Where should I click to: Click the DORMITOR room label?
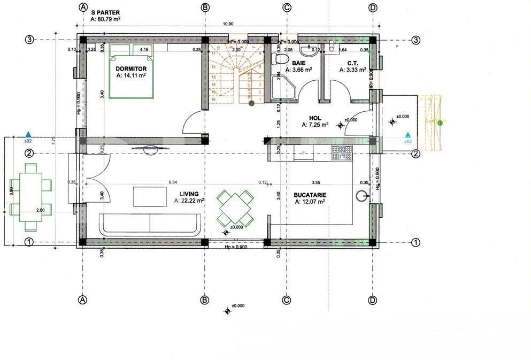point(131,68)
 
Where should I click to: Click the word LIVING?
point(189,194)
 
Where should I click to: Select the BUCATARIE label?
point(310,195)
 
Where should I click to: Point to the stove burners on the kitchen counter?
point(342,153)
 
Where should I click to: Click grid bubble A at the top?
point(83,7)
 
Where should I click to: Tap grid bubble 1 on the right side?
point(416,242)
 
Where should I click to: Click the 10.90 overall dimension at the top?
point(228,24)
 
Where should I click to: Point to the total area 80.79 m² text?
point(105,19)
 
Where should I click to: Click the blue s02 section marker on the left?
point(28,136)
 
